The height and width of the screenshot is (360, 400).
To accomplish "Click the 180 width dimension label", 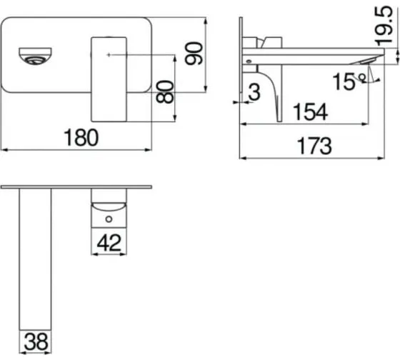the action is click(x=81, y=138).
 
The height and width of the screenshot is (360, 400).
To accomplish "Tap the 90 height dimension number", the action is click(x=194, y=54).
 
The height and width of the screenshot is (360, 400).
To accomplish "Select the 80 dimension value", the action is click(x=165, y=92).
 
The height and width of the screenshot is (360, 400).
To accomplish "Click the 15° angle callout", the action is click(x=349, y=81).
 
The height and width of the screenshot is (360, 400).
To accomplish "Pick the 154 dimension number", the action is click(x=310, y=111).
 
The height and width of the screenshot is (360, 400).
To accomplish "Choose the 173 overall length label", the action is click(x=315, y=146).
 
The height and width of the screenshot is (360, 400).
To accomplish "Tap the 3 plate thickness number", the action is click(x=254, y=92).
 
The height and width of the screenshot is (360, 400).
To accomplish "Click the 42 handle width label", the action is click(x=109, y=243).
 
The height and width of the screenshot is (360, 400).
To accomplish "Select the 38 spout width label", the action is click(x=36, y=341).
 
